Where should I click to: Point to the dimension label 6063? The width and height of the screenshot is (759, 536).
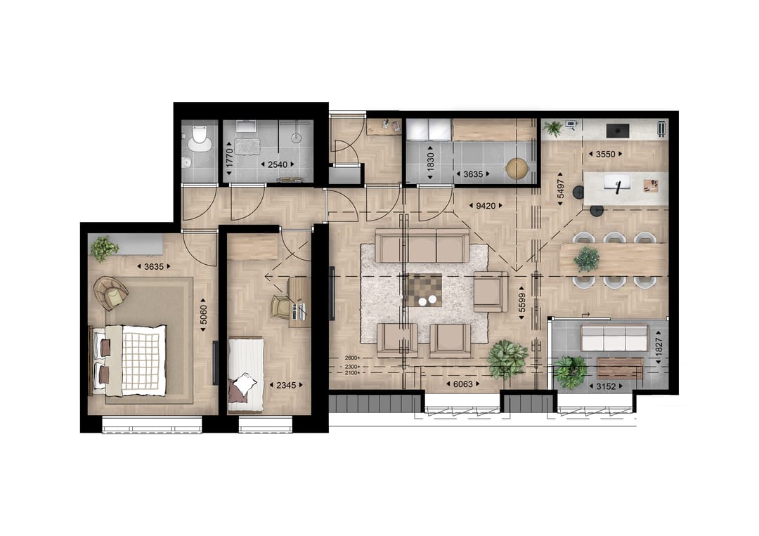[463, 385]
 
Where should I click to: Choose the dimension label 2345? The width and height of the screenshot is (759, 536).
[285, 385]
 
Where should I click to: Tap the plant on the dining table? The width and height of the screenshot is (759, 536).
[586, 259]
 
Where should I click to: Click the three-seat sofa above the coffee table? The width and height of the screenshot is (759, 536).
[422, 246]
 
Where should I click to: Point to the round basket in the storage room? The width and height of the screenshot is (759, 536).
[517, 169]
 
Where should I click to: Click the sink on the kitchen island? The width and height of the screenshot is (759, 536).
[618, 185]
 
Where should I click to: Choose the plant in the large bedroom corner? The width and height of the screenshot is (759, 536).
[104, 248]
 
